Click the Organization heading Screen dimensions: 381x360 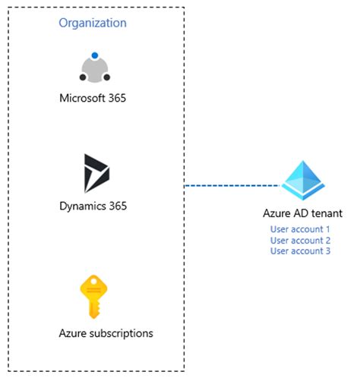pos(93,23)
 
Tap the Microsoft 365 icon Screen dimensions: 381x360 pos(94,68)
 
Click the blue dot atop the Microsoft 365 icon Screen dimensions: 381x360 pos(94,55)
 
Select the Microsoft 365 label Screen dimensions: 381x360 pos(94,98)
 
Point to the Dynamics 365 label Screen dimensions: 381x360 pos(94,205)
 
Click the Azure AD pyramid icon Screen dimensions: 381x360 pos(303,181)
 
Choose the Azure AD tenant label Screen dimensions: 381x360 pos(302,213)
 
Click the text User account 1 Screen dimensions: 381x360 pos(300,229)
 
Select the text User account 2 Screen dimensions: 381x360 pos(300,240)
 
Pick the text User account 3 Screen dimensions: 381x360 pos(300,250)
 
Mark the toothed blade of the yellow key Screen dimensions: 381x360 pos(93,311)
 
